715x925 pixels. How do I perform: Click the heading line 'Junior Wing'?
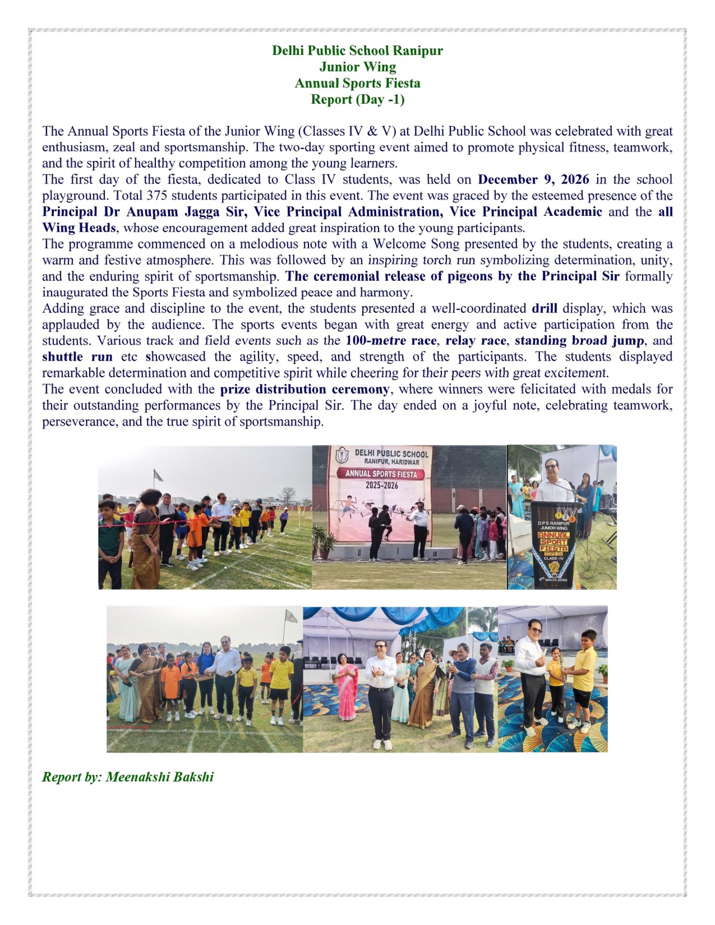coord(357,67)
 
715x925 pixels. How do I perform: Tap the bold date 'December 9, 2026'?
coord(533,180)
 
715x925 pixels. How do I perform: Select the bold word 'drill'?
coord(544,308)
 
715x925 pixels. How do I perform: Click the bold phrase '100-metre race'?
coord(391,341)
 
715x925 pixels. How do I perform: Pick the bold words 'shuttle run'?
coord(77,357)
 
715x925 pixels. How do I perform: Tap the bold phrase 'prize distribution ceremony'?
coord(305,389)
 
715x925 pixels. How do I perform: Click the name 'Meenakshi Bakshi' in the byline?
coord(159,777)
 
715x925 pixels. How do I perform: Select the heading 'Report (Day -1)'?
coord(357,99)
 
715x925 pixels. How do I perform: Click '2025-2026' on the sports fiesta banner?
coord(382,485)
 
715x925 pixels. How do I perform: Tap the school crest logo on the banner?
coord(342,455)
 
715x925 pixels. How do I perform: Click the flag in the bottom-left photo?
coord(291,616)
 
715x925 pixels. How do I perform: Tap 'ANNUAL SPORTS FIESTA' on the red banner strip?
coord(381,474)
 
